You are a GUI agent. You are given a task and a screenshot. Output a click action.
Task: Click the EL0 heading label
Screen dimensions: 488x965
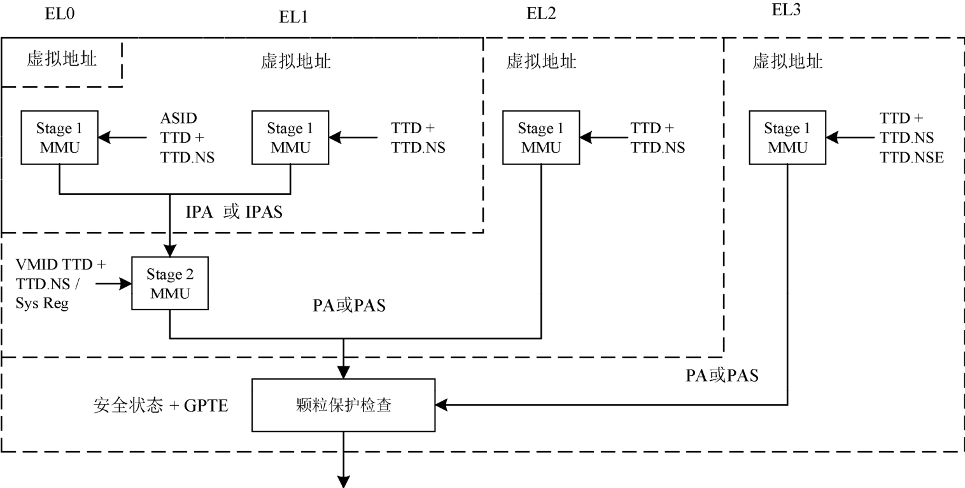pos(60,14)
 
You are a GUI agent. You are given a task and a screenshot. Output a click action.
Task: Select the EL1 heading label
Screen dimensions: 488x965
pos(293,17)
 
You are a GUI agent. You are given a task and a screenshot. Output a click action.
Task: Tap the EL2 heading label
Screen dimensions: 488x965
pos(541,13)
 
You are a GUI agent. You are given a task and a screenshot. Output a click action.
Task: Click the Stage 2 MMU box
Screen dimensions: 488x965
pos(169,284)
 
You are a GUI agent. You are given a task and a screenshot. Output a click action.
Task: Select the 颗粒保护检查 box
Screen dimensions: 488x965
pos(344,405)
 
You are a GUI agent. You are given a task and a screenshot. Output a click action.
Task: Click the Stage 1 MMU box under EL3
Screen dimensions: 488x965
pos(787,138)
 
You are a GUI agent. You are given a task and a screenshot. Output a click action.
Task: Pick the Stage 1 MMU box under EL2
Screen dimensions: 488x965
pos(541,138)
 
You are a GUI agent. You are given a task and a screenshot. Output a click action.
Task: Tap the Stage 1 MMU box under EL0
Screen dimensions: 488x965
pos(59,138)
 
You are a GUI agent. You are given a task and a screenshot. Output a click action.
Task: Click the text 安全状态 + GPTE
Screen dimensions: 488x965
pos(160,406)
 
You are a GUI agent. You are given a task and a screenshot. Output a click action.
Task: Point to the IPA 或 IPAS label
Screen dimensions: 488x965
pos(234,213)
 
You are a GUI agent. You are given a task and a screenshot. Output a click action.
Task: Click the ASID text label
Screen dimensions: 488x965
pos(179,118)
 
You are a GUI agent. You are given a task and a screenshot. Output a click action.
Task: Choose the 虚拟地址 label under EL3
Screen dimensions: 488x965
pos(787,62)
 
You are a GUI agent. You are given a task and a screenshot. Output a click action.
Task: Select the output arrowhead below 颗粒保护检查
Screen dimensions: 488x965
pos(344,480)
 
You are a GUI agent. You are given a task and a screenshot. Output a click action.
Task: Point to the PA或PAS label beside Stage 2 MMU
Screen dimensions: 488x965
pos(349,306)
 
